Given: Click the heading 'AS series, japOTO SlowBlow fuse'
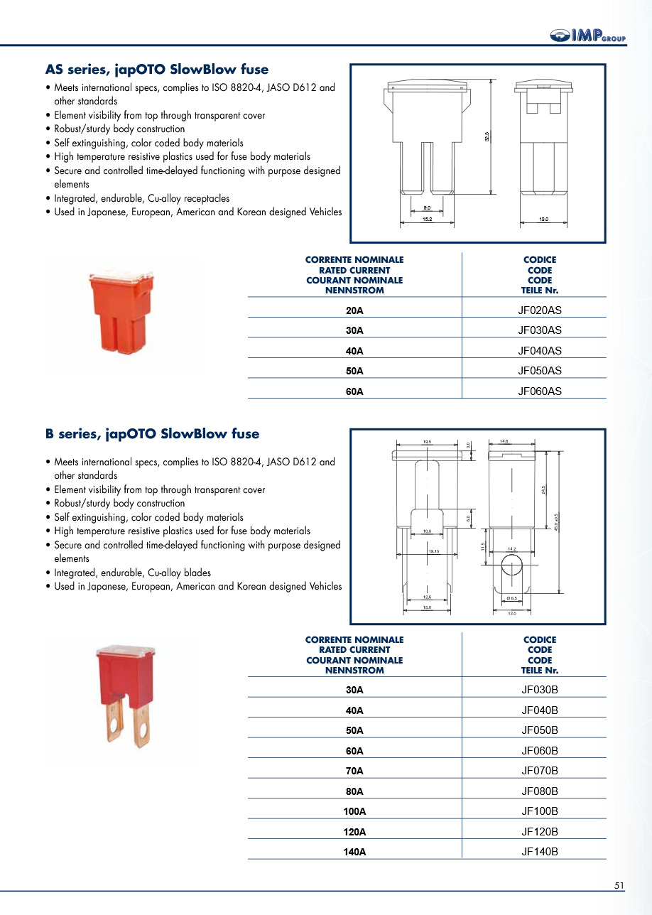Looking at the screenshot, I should click(x=157, y=70).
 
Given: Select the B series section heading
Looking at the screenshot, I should click(x=152, y=434).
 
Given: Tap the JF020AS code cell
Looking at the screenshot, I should click(x=540, y=310).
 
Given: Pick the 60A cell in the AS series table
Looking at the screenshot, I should click(x=354, y=391).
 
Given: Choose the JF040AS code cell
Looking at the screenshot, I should click(x=540, y=350).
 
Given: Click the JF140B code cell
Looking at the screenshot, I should click(x=540, y=852).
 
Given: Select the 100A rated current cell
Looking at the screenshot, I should click(x=354, y=811).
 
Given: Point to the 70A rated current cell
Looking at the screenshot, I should click(x=354, y=771).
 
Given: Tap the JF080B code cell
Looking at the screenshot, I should click(x=540, y=791).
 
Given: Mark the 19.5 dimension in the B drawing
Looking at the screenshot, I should click(x=427, y=442).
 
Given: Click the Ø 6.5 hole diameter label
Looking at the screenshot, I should click(x=512, y=598).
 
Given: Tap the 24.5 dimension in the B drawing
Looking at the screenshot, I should click(x=543, y=490).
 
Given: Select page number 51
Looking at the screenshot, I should click(x=619, y=885).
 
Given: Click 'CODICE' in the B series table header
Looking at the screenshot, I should click(x=540, y=640).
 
